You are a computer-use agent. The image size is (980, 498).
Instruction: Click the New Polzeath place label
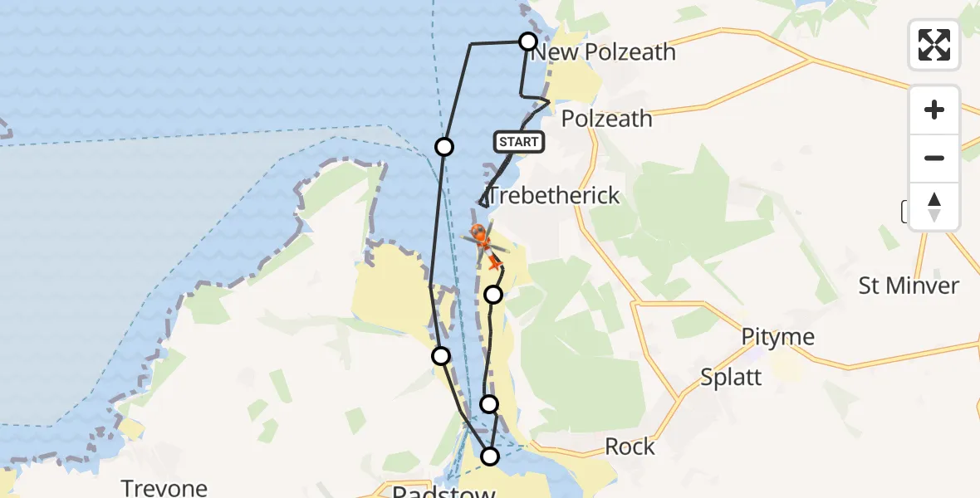coord(603,52)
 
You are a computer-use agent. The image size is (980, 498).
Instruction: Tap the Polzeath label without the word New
coord(606,119)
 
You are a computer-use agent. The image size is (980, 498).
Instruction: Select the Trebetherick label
coord(553,195)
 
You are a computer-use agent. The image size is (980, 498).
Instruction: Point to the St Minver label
coord(909,286)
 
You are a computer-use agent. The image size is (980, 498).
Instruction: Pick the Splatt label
coord(731,377)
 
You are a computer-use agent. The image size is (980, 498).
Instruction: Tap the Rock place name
coord(630,447)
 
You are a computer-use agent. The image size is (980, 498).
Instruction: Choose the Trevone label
coord(164,487)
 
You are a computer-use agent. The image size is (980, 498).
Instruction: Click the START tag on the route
coord(519,142)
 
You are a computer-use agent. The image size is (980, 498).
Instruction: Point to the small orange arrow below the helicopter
coord(496,263)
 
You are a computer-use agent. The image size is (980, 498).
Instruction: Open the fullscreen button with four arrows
coord(934,45)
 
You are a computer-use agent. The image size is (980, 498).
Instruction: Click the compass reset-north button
coord(934,207)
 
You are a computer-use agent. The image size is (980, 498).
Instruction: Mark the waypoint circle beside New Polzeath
coord(527,41)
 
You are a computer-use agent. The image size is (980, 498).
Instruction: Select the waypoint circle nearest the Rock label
coord(490,456)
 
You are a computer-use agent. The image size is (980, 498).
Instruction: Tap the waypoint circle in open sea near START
coord(444,147)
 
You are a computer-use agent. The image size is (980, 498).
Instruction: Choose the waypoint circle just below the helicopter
coord(493,295)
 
